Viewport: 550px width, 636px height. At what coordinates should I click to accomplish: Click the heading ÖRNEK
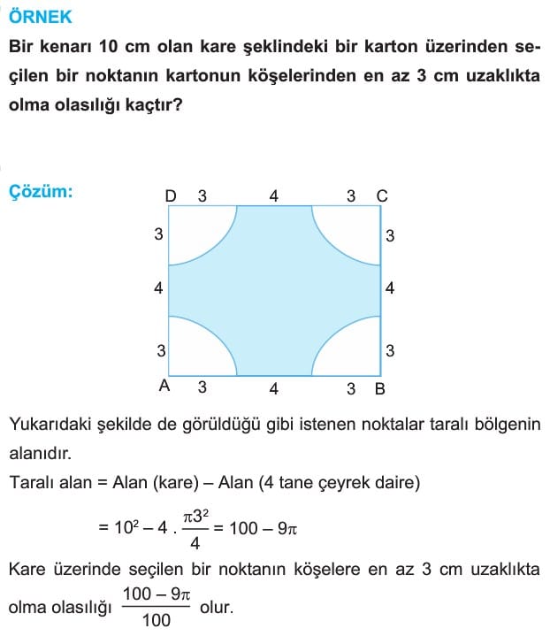coord(41,17)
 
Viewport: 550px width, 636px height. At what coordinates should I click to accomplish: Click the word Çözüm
coord(41,190)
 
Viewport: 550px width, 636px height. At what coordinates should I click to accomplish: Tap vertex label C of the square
coord(381,195)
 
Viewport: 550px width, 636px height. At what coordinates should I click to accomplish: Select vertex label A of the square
coord(163,387)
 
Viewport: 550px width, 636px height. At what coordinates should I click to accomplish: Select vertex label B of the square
coord(379,387)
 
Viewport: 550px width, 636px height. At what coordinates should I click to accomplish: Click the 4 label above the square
coord(274,195)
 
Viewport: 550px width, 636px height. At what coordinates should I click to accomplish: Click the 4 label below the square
coord(274,387)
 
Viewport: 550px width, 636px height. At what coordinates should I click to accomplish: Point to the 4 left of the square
coord(158,288)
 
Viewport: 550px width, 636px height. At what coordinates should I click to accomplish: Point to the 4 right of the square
coord(390,288)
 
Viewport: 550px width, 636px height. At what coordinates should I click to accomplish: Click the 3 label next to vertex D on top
coord(202,195)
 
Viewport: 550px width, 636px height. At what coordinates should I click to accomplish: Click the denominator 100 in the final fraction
coord(156,618)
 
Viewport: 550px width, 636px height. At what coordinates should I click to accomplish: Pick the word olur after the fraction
coord(215,608)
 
